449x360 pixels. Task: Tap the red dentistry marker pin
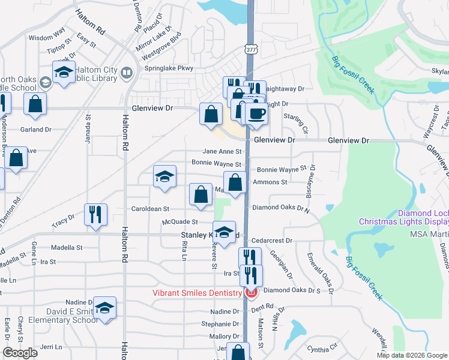[x=250, y=293]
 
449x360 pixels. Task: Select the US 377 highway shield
[x=251, y=50]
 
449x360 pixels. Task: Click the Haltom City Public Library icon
[x=127, y=73]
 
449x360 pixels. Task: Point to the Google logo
[x=20, y=353]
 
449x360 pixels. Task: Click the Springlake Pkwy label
[x=169, y=68]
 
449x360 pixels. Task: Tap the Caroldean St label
[x=151, y=209]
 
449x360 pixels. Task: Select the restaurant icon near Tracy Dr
[x=96, y=214]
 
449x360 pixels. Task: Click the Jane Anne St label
[x=221, y=152]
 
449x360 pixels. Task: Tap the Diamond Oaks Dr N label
[x=280, y=209]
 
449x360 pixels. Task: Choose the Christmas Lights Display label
[x=403, y=221]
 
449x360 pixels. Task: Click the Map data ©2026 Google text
[x=411, y=355]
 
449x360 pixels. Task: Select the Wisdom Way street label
[x=47, y=38]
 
